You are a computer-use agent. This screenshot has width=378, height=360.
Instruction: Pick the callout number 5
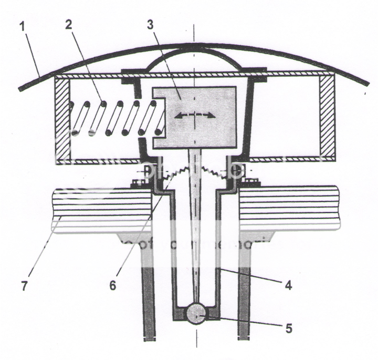(x=288, y=330)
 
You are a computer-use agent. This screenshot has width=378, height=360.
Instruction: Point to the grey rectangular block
(x=210, y=131)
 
